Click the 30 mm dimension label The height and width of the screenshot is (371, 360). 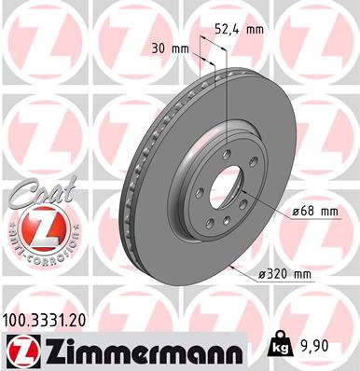pyautogui.click(x=167, y=48)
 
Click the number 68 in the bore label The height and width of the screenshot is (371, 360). pyautogui.click(x=303, y=212)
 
